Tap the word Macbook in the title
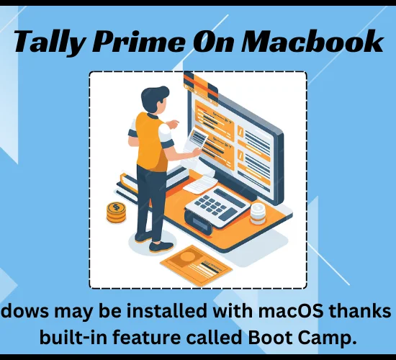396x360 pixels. (x=311, y=41)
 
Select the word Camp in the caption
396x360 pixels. (x=328, y=338)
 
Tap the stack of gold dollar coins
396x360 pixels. (x=116, y=212)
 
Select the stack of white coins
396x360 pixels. (x=258, y=214)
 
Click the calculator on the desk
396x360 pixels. (x=215, y=209)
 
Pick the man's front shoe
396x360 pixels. (x=161, y=247)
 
